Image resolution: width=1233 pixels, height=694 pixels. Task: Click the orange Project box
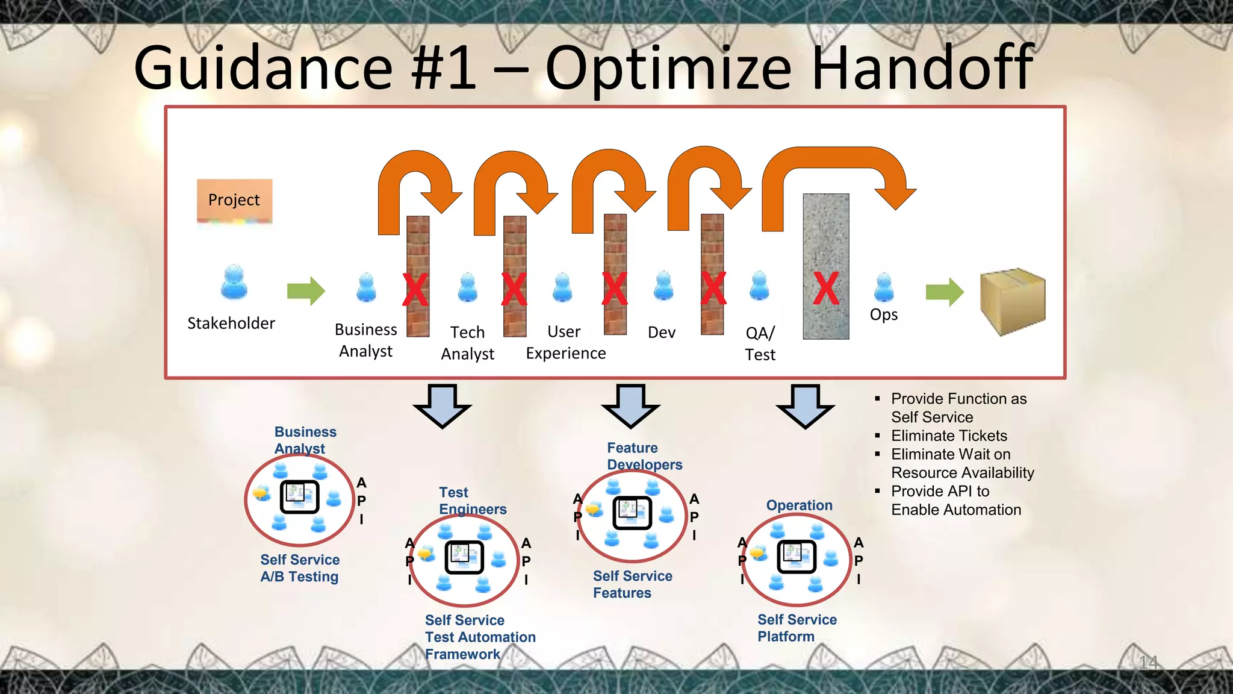(x=234, y=200)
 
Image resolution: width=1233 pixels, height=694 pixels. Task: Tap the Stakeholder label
(x=231, y=324)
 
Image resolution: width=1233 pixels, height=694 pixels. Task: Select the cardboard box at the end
(x=1013, y=301)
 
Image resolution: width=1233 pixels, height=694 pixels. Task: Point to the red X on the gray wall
(x=826, y=289)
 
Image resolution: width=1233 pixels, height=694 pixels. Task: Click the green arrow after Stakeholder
(x=306, y=291)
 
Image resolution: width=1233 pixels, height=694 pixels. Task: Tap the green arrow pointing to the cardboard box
(x=945, y=292)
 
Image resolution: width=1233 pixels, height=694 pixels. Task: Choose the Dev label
(x=662, y=333)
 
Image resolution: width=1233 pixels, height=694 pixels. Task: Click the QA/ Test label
(x=760, y=343)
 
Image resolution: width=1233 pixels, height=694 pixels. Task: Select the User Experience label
(x=565, y=342)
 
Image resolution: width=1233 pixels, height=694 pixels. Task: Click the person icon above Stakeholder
(x=234, y=282)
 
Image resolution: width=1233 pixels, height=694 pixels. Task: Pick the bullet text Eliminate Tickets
(x=949, y=436)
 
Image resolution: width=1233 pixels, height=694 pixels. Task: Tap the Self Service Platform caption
(x=797, y=628)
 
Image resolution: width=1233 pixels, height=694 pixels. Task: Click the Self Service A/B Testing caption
(x=300, y=568)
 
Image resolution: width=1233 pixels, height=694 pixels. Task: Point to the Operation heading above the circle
(x=799, y=505)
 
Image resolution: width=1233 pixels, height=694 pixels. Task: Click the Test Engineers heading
(x=472, y=501)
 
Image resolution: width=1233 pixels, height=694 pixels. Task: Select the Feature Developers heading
(x=644, y=456)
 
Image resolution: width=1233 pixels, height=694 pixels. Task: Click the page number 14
(x=1148, y=663)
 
